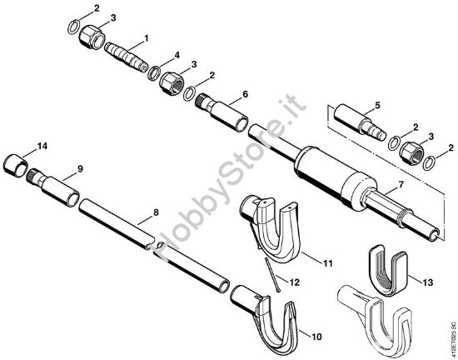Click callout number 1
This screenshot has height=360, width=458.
pos(147,37)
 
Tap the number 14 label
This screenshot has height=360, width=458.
pos(42,146)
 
